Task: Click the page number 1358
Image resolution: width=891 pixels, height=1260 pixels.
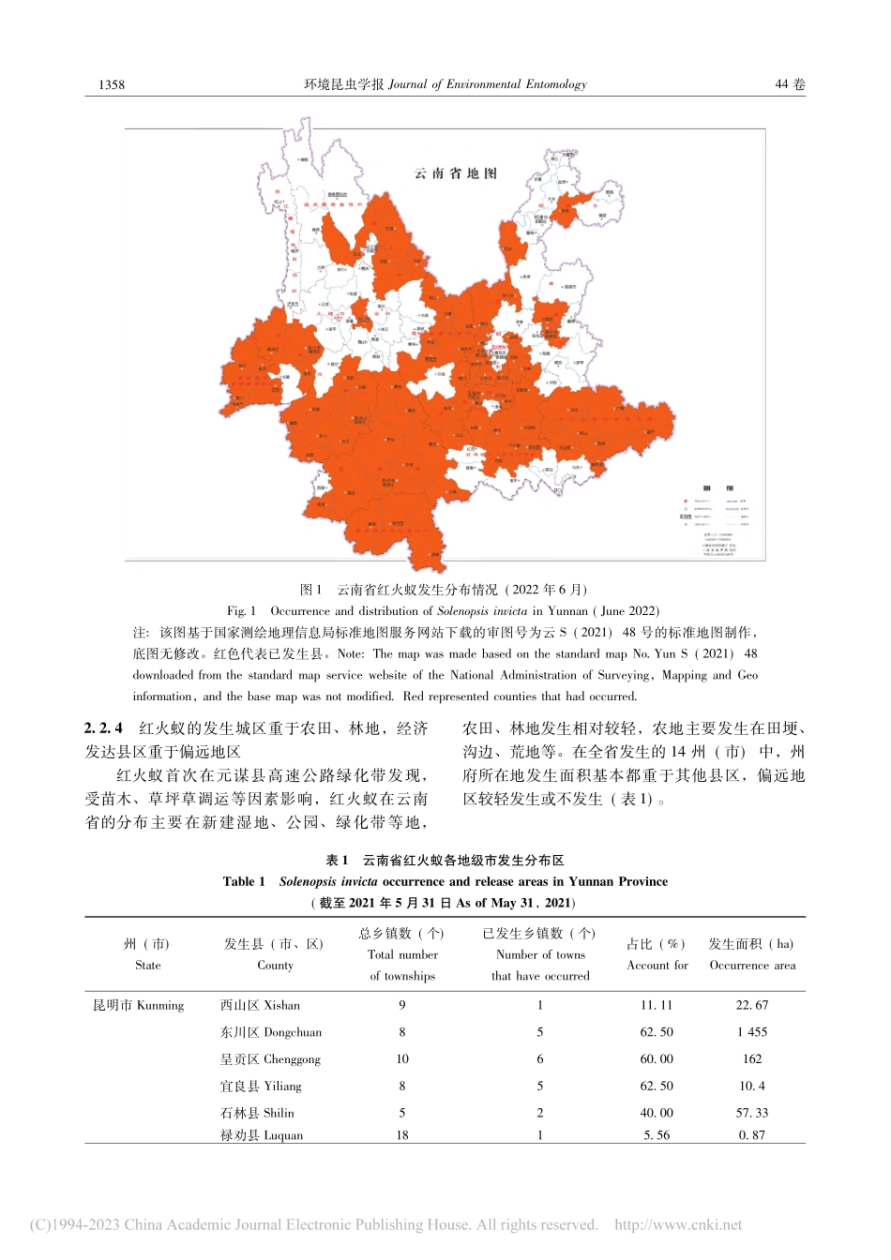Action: click(x=112, y=84)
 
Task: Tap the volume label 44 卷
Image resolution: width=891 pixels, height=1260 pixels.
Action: click(x=790, y=84)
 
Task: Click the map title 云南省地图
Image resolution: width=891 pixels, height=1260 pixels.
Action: click(x=456, y=173)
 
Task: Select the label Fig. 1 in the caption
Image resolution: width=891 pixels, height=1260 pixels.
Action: click(x=241, y=610)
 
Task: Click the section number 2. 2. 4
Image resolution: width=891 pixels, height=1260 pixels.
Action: click(x=103, y=727)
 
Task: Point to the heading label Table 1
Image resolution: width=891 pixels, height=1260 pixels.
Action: click(x=244, y=881)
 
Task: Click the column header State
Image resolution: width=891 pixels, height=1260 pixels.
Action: click(x=148, y=965)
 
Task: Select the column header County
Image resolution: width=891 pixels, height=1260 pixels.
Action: click(x=275, y=965)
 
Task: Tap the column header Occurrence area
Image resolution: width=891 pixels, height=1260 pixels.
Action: click(x=752, y=965)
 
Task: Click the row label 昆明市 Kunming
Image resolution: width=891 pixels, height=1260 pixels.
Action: click(x=139, y=1005)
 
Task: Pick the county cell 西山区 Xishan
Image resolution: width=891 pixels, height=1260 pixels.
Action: click(x=260, y=1005)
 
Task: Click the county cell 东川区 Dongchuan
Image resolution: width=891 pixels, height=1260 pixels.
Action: click(x=270, y=1032)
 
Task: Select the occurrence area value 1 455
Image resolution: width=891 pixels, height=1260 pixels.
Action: click(x=752, y=1032)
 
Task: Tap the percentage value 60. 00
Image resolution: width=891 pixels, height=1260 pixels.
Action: click(x=657, y=1058)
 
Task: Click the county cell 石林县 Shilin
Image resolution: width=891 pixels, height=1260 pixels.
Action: click(x=257, y=1113)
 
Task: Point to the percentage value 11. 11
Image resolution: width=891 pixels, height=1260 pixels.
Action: click(x=657, y=1005)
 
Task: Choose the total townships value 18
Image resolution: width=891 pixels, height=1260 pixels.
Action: click(x=402, y=1135)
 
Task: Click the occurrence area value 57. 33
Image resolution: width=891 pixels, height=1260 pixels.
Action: click(x=752, y=1113)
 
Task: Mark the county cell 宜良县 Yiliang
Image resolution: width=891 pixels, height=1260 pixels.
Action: click(x=261, y=1086)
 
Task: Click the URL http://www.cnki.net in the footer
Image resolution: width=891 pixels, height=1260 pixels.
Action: click(x=678, y=1224)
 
